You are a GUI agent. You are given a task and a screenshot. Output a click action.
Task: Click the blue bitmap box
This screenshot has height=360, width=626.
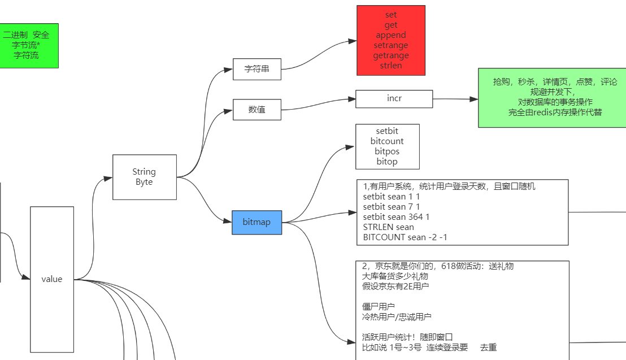coord(257,222)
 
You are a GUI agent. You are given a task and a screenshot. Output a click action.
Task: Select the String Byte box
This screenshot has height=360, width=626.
coord(144,177)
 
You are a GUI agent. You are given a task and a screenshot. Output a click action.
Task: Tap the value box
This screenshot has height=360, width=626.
coord(52,279)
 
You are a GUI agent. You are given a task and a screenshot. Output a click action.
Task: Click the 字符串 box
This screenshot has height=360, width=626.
coord(257,69)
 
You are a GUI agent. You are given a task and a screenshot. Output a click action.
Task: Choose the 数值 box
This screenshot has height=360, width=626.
coord(257,110)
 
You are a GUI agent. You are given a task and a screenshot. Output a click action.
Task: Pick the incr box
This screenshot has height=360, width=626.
coord(394,98)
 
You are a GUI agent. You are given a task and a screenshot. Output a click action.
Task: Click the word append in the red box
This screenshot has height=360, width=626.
coord(390,35)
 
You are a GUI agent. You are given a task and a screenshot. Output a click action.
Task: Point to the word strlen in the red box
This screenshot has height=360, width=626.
coord(390,66)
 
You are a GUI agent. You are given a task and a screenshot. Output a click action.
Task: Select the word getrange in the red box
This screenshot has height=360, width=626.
coord(390,55)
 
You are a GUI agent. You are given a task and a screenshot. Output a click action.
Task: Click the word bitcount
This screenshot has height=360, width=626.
coord(387,141)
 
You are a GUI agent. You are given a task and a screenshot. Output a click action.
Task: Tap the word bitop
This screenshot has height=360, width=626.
coord(387,162)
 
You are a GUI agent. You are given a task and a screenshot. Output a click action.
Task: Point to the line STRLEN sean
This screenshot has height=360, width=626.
coord(388,227)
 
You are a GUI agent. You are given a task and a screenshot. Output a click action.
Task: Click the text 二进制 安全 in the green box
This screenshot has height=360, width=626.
coord(26,35)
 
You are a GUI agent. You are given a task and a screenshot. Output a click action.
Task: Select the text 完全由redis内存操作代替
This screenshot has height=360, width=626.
coord(555,112)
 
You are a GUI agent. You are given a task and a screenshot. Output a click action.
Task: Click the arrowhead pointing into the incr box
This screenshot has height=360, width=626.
coord(352,99)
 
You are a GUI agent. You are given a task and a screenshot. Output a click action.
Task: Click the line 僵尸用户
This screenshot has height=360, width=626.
coord(378,306)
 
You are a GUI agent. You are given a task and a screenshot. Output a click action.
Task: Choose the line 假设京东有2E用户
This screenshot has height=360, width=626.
coord(395,287)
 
